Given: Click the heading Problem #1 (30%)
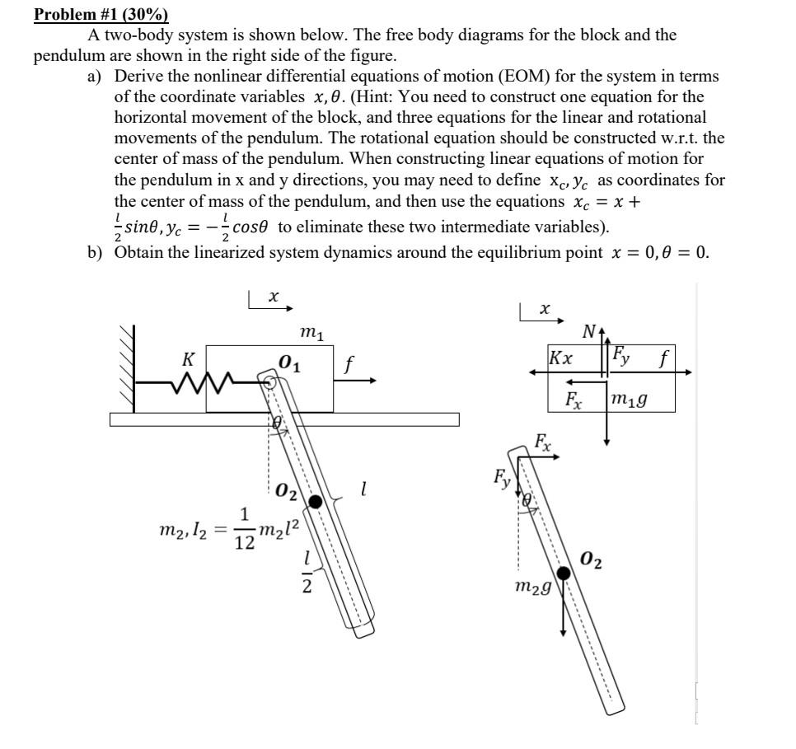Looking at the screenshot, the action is pyautogui.click(x=101, y=15).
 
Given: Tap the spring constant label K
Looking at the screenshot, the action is pyautogui.click(x=189, y=358).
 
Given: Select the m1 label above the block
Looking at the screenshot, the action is pyautogui.click(x=311, y=332).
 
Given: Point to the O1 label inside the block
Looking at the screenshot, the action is pyautogui.click(x=288, y=363).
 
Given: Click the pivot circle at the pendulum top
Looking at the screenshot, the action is pyautogui.click(x=269, y=381).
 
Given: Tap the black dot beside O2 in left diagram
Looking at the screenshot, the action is pyautogui.click(x=314, y=501).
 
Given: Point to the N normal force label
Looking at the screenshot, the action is pyautogui.click(x=588, y=332).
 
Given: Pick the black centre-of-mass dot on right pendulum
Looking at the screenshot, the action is pyautogui.click(x=564, y=573).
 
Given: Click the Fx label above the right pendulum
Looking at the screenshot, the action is pyautogui.click(x=543, y=440).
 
